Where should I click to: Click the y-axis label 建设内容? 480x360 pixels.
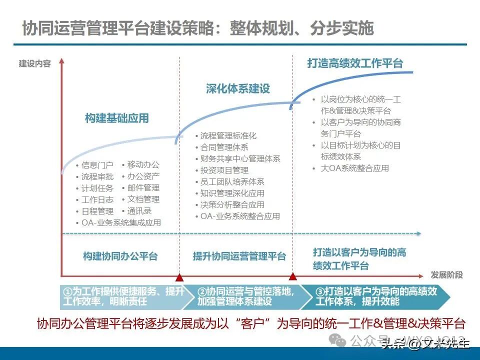point(35,64)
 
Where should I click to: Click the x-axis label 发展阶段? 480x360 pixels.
point(446,275)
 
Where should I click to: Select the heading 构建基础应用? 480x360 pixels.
point(116,118)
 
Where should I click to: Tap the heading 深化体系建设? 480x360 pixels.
point(237,88)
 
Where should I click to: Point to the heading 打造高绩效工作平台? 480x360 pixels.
point(354,63)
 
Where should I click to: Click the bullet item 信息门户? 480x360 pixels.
point(97,165)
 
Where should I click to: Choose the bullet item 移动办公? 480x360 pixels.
point(143,164)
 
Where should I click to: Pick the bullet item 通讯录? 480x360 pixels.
point(139,211)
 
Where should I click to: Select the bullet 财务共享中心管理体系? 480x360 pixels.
point(240,159)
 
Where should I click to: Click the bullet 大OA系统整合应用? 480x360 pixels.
point(354,168)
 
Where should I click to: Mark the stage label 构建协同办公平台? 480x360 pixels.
point(120,256)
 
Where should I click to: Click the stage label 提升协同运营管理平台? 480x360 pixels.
point(239,256)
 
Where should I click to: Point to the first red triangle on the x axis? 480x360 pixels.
point(180,276)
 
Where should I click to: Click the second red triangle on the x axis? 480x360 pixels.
point(293,276)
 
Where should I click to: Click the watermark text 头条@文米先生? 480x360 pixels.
point(425,343)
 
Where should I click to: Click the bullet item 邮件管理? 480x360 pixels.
point(143,188)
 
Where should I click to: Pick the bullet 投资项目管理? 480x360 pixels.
point(224,170)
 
